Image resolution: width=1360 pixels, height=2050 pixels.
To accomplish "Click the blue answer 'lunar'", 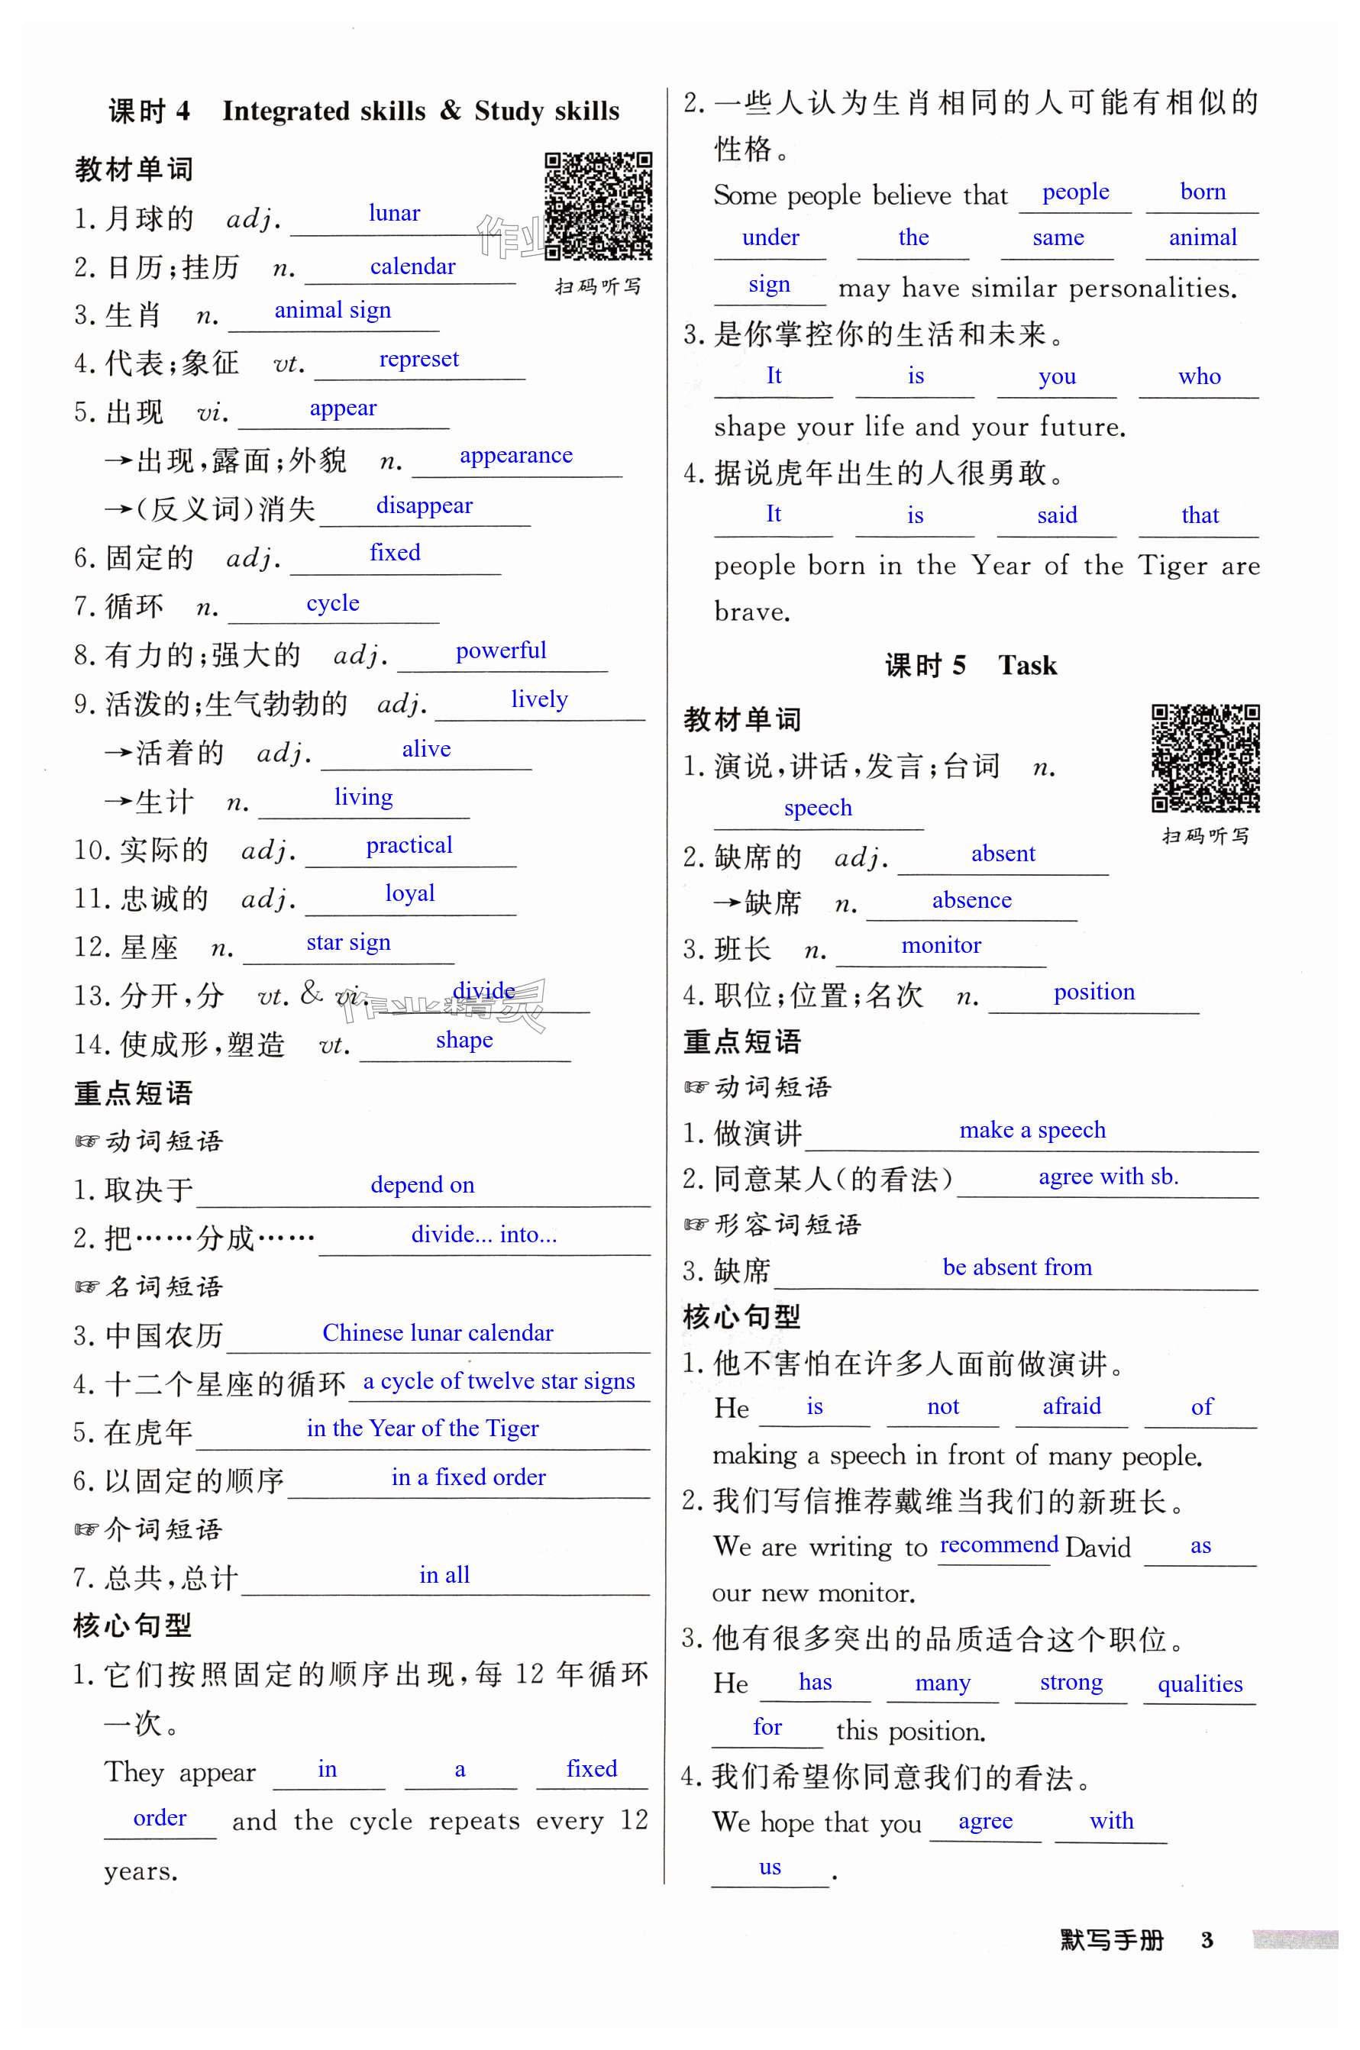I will (x=394, y=213).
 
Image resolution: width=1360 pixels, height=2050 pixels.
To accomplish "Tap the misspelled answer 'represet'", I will (x=419, y=359).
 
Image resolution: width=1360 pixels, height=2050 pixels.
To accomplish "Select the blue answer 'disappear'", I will (x=424, y=505).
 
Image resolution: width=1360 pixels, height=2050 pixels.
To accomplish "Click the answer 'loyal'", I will (x=409, y=893).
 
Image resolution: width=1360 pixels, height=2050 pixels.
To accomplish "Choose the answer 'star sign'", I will (x=347, y=943).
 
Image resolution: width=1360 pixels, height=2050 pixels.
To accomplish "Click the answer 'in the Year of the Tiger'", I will (x=422, y=1429).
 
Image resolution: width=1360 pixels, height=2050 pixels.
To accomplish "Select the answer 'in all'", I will (x=444, y=1575).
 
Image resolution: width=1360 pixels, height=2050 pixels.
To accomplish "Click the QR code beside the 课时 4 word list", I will (x=598, y=205).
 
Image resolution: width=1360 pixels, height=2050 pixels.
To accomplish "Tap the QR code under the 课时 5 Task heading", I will (x=1205, y=757).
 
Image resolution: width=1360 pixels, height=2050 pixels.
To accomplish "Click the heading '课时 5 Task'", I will (x=971, y=665).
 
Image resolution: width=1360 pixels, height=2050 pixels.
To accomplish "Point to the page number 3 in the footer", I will (x=1207, y=1940).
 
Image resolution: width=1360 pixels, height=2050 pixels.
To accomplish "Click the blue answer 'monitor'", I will (x=941, y=945).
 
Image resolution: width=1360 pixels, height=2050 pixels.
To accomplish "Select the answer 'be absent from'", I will (x=1016, y=1268).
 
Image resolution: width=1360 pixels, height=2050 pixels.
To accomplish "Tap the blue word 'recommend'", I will (x=998, y=1545).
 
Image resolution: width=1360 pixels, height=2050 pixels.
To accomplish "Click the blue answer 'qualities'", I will (x=1200, y=1684).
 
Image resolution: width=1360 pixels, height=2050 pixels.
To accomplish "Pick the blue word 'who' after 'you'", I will (x=1199, y=376).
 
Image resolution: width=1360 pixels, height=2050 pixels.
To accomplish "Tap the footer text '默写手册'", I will (x=1111, y=1940).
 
